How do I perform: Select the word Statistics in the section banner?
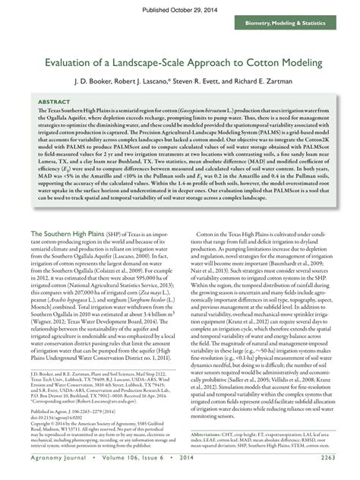pyautogui.click(x=327, y=25)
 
